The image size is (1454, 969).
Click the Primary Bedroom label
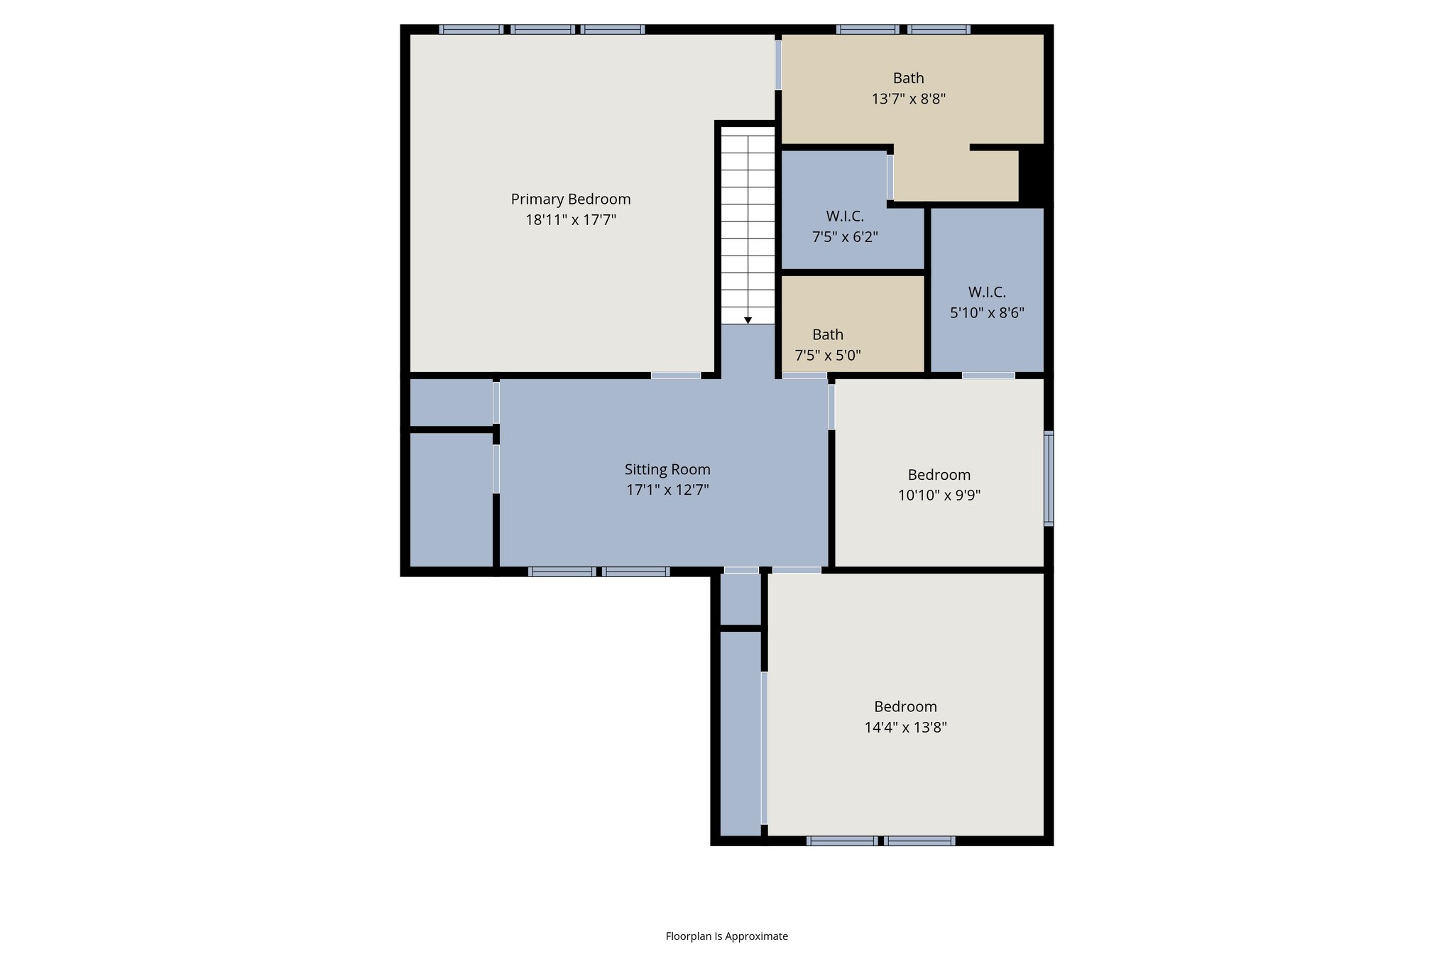(x=570, y=199)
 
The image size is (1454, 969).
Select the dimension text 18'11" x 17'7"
(x=570, y=220)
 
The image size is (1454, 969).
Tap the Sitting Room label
(x=667, y=469)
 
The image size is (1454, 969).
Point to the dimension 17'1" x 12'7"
(x=667, y=490)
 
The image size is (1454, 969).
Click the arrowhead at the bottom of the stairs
(x=748, y=321)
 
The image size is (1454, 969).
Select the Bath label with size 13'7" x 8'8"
(x=908, y=78)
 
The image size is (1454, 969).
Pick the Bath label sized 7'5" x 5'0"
(x=828, y=334)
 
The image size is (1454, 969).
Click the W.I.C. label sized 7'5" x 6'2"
(x=845, y=217)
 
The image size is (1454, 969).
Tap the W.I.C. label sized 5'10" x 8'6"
(x=987, y=292)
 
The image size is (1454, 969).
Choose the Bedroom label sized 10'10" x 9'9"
(x=939, y=475)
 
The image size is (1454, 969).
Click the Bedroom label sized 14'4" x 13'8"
(x=905, y=706)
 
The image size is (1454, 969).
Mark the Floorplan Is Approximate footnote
(x=726, y=936)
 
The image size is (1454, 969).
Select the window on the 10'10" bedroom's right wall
(x=1049, y=478)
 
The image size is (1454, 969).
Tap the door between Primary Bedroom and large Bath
(x=778, y=65)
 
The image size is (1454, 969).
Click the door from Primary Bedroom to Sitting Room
(x=676, y=375)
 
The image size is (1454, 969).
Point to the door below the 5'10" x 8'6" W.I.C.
(x=988, y=375)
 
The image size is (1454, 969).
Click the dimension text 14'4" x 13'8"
(x=905, y=728)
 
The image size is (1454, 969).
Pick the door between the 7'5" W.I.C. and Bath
(x=890, y=177)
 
